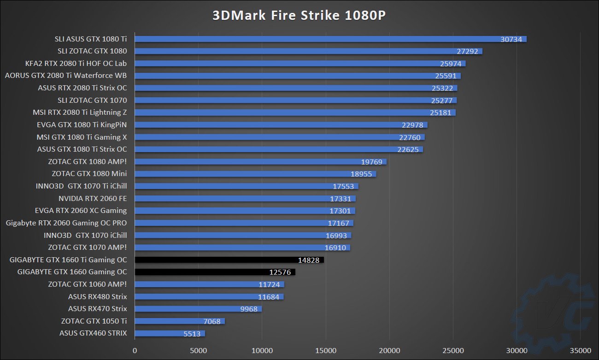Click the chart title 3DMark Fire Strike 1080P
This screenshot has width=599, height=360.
[299, 15]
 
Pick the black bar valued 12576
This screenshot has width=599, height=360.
[215, 272]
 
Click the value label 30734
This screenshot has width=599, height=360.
[511, 39]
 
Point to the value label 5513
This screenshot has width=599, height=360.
[193, 333]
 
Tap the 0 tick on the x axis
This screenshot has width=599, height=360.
[135, 350]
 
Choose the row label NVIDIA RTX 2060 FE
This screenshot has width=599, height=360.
[93, 199]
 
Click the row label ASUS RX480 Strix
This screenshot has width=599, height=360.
[97, 296]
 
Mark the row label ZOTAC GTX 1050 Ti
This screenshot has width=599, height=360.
[94, 321]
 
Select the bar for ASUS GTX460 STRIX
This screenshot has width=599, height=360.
[170, 333]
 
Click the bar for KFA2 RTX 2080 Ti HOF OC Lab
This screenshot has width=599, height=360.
[299, 64]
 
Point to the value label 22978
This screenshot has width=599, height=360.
[412, 125]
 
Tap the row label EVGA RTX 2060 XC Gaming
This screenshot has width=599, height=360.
[81, 211]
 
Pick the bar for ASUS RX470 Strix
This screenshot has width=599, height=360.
[198, 309]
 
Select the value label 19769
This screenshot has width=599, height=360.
[372, 162]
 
